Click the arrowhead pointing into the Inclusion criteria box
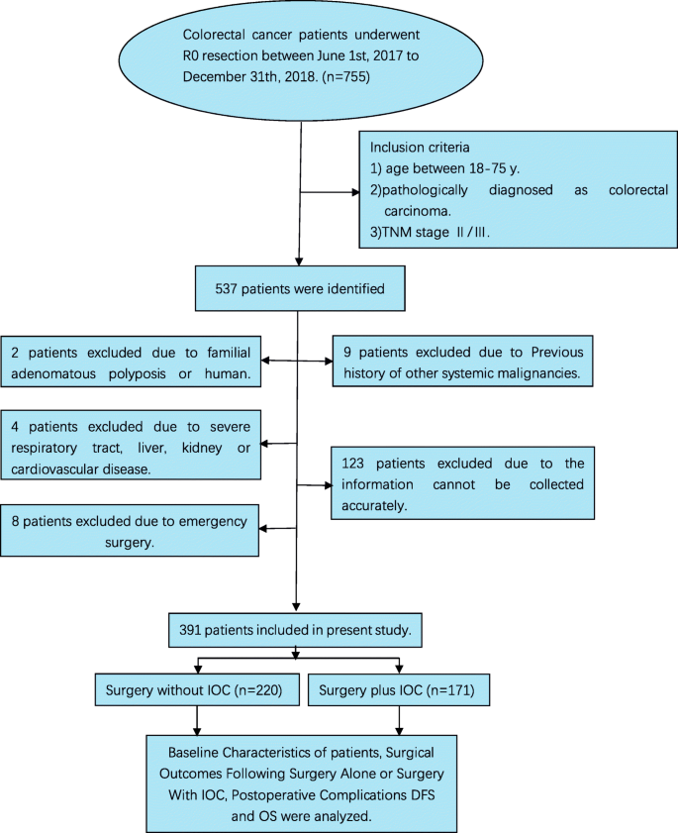(353, 191)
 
